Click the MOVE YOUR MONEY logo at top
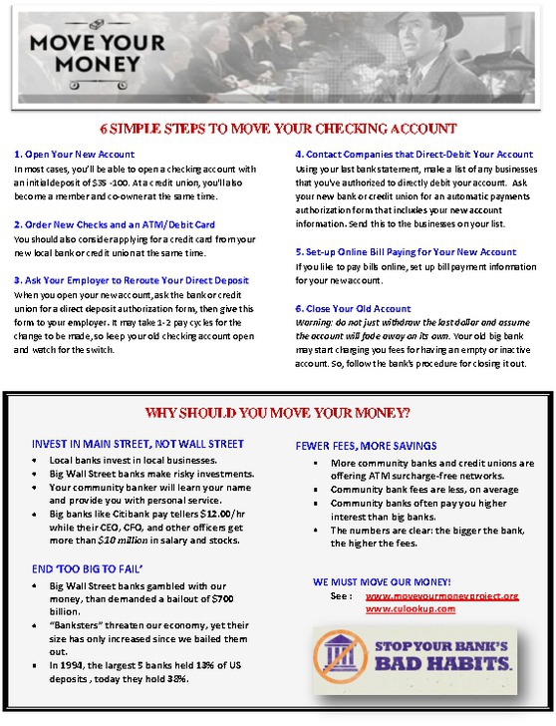coord(98,54)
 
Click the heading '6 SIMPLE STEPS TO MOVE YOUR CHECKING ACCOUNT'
coord(278,129)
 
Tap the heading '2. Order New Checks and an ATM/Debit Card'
coord(115,224)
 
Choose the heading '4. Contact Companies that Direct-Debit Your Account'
coord(414,155)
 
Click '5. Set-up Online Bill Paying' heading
coord(406,252)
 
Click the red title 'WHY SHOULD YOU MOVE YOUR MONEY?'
coord(278,412)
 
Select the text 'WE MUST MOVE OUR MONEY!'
coord(382,580)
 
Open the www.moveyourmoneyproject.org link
coord(441,595)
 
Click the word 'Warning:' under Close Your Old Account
coord(316,323)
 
